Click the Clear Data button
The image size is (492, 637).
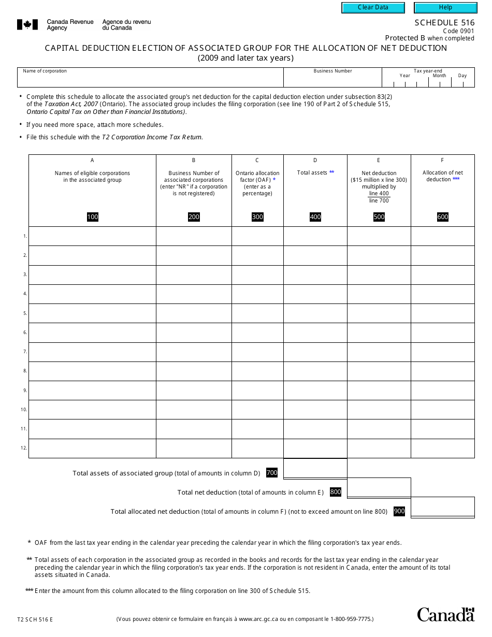point(373,8)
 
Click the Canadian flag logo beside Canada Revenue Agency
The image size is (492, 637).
point(27,24)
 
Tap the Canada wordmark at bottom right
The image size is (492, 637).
point(445,614)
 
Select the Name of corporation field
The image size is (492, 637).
point(150,80)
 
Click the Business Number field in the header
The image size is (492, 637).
point(332,80)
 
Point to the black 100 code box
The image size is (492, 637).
point(93,217)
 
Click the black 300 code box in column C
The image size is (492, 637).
point(257,217)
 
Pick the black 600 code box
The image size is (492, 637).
point(443,217)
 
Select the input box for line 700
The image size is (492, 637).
point(315,469)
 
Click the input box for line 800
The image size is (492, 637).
point(379,488)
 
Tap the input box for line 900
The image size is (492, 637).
point(442,507)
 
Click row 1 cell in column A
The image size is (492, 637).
point(92,236)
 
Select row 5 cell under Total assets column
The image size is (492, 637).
point(315,313)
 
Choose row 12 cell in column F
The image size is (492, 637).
point(442,448)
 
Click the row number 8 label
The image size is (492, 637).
point(25,371)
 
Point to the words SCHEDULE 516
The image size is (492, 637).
point(444,23)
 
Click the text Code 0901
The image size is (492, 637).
point(458,31)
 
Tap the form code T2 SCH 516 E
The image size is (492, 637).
point(35,619)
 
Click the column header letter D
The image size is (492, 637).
point(315,161)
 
